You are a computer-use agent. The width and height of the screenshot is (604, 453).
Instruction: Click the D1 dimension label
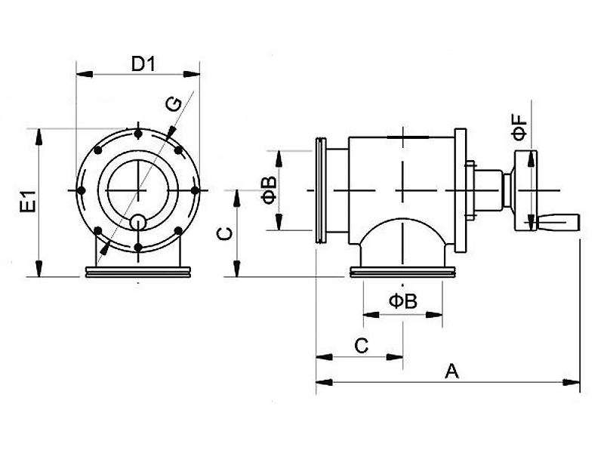point(143,64)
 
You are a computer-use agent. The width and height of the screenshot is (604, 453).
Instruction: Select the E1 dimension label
point(29,201)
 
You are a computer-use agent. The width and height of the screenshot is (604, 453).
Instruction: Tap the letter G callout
point(174,104)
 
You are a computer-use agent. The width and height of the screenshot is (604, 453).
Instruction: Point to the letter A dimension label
point(451,371)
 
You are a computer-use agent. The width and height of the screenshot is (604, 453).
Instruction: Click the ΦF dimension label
point(519,127)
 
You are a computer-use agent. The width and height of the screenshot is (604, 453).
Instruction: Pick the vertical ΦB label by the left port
point(269,190)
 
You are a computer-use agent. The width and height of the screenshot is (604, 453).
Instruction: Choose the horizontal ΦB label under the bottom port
point(403,300)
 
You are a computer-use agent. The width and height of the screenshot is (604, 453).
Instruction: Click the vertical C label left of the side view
point(224,234)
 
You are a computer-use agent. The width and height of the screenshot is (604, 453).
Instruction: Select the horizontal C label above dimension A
point(362,346)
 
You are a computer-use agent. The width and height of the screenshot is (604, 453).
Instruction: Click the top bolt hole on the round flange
point(138,134)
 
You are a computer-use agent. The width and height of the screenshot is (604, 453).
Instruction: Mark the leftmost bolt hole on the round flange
point(82,190)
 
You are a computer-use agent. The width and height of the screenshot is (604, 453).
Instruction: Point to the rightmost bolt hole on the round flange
point(195,190)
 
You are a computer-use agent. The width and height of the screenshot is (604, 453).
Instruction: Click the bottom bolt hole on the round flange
point(138,247)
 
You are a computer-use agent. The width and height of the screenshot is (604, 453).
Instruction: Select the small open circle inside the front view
point(138,222)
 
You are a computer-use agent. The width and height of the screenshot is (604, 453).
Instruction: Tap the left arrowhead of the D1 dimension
point(85,74)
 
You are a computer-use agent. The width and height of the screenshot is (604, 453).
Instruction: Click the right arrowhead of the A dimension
point(572,383)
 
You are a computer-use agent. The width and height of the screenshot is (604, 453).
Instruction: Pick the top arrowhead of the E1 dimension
point(39,137)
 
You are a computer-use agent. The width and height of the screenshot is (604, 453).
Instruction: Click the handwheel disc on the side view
point(525,191)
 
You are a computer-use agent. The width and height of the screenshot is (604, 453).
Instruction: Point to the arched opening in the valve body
point(403,220)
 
